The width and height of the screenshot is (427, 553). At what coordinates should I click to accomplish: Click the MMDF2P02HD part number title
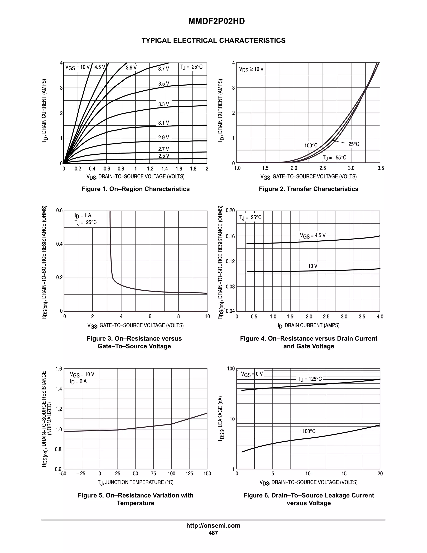tap(216, 21)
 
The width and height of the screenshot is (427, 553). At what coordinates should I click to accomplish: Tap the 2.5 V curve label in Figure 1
tap(164, 156)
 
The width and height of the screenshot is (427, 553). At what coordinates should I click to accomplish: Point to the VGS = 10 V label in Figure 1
tap(77, 67)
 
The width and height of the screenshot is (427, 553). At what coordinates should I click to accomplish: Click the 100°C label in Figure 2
tap(311, 146)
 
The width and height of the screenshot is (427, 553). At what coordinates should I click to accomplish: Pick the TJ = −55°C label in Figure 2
tap(334, 158)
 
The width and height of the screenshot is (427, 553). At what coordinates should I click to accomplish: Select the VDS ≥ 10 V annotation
tap(251, 69)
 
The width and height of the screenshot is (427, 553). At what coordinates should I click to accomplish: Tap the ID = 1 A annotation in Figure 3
tap(83, 216)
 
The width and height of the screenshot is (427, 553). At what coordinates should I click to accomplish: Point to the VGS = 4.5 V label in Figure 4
tap(313, 236)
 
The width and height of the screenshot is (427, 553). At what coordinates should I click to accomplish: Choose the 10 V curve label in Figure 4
tap(312, 266)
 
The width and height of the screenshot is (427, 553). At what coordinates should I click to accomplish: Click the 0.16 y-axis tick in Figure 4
tap(230, 236)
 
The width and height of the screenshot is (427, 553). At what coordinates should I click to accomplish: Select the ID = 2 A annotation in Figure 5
tap(78, 381)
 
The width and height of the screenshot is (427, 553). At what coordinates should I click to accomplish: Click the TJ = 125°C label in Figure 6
tap(310, 379)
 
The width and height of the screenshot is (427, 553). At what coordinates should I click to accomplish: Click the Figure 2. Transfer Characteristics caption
tap(308, 189)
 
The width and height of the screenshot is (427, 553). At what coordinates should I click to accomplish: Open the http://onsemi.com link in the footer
tap(213, 525)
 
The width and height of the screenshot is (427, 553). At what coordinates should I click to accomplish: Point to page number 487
tap(213, 533)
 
